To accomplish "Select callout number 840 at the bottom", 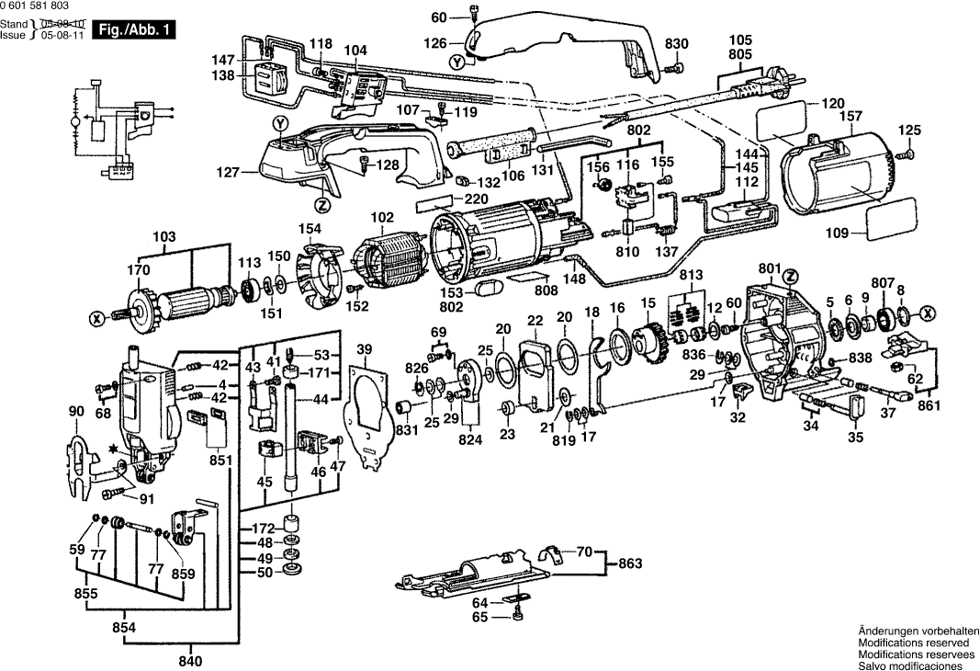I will tap(190, 661).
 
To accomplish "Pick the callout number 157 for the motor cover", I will tap(850, 117).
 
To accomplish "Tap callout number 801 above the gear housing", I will tap(768, 269).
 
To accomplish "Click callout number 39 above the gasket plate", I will tap(365, 348).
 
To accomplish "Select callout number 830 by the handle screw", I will tap(676, 44).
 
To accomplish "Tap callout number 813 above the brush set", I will tap(691, 275).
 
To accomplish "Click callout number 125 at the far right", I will tap(908, 130).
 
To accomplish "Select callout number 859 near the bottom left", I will tap(184, 574).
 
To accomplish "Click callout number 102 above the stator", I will tap(381, 219).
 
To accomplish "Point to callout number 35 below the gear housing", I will tap(856, 437).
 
